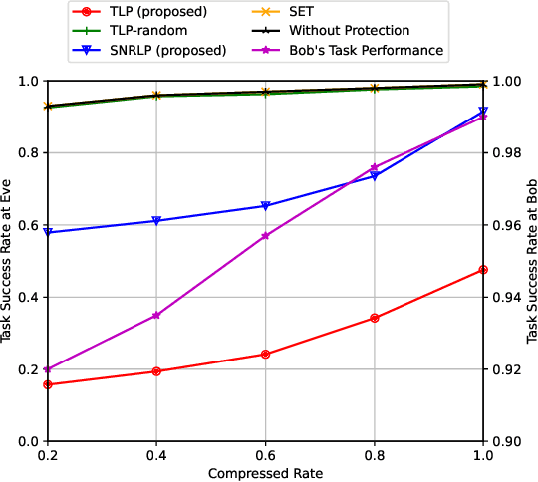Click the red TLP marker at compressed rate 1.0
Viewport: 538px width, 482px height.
point(483,270)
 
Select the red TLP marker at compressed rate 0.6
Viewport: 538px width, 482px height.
point(265,355)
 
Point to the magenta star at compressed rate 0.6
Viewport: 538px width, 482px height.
point(265,236)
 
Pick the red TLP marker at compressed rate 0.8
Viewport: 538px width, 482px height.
point(375,318)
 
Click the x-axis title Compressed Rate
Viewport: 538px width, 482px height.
point(265,472)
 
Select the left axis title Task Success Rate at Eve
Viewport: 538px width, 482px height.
point(8,261)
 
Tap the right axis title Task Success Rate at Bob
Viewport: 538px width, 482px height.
point(529,261)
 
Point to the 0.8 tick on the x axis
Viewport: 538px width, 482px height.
point(375,453)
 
